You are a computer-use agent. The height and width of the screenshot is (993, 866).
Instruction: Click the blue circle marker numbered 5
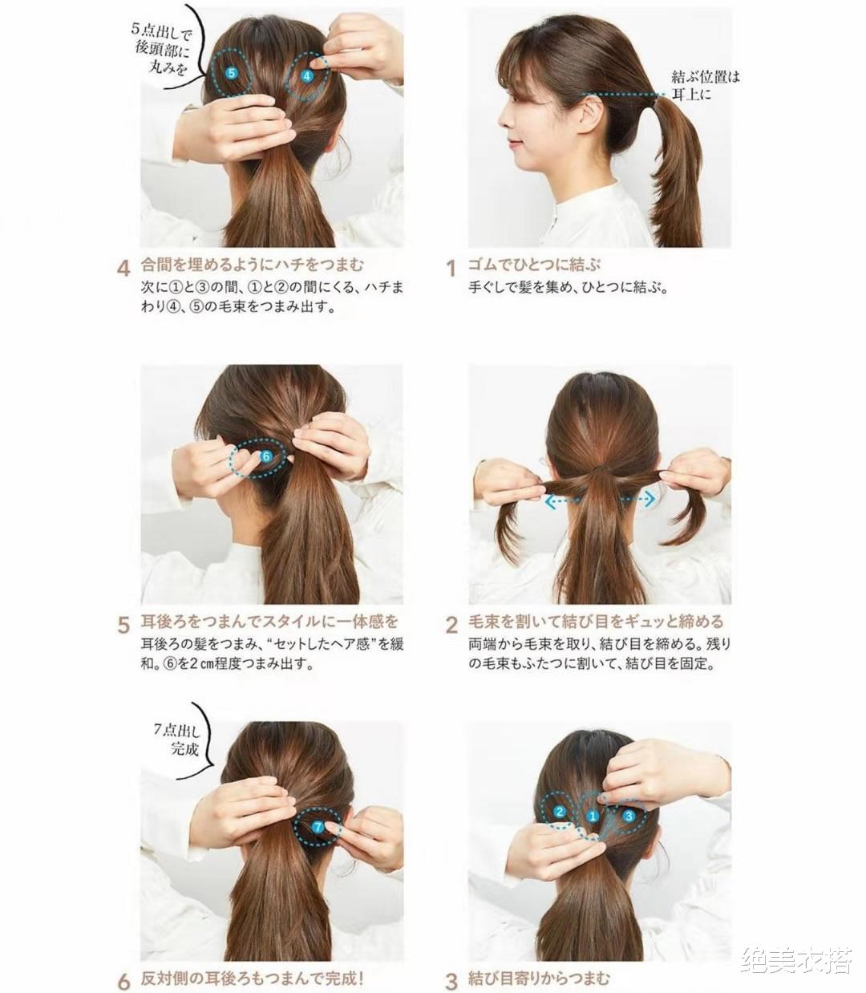[x=232, y=73]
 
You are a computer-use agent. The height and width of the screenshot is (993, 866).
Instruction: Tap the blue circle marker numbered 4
[x=307, y=76]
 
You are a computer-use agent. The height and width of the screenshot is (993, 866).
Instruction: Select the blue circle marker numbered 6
[x=266, y=456]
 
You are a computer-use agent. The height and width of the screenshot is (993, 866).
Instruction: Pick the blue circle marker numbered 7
[x=317, y=826]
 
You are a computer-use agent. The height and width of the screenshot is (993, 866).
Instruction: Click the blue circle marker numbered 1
[x=592, y=817]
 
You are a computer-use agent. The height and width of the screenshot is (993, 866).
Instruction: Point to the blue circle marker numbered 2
[x=560, y=812]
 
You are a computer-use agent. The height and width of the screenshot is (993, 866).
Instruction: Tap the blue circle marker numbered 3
[x=629, y=816]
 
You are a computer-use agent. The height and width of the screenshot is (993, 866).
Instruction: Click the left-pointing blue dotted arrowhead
[x=550, y=501]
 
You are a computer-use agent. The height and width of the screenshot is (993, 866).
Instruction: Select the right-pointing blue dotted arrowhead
[x=650, y=499]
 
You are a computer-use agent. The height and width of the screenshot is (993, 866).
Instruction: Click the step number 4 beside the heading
[x=123, y=268]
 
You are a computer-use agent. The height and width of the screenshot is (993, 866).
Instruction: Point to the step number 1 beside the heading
[x=451, y=268]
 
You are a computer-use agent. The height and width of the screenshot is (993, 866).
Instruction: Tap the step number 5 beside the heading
[x=123, y=625]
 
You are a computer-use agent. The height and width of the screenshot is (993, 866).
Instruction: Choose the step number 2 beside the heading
[x=451, y=625]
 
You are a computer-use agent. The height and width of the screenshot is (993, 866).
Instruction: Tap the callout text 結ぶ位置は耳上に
[x=706, y=85]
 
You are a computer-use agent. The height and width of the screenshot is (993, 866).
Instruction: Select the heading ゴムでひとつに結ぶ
[x=534, y=265]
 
